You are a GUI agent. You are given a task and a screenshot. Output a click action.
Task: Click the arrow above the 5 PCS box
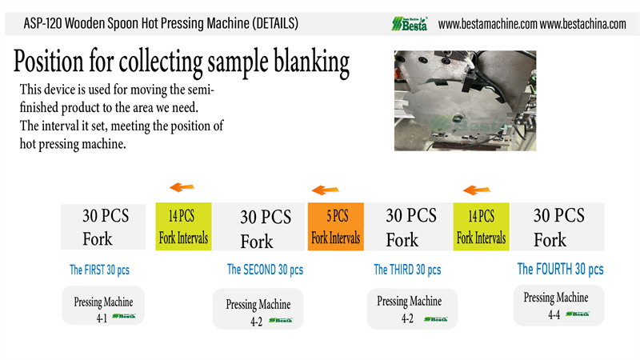tap(323, 190)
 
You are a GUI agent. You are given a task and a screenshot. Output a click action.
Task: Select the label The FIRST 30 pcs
tap(100, 270)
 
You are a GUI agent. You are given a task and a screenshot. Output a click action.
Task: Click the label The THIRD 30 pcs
tap(407, 270)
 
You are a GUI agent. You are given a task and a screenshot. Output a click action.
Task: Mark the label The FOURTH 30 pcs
tap(560, 269)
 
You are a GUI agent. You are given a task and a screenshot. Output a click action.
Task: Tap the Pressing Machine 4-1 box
tap(103, 306)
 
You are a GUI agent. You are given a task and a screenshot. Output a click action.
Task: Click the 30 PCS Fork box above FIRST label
tap(106, 226)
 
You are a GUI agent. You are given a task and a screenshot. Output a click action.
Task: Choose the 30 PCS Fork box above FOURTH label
tap(559, 226)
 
